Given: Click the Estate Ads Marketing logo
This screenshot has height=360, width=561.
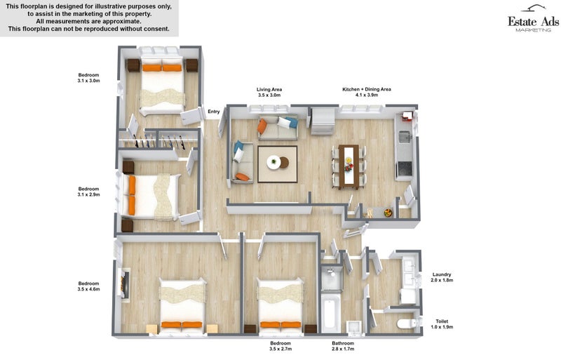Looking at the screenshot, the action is [533, 19].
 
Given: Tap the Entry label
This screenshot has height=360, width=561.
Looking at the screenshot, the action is [214, 112].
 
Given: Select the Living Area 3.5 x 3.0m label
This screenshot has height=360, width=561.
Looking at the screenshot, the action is [269, 93].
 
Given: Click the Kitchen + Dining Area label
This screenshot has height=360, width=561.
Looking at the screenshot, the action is [366, 89].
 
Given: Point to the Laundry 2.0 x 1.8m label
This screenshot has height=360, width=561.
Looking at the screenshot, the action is [442, 277].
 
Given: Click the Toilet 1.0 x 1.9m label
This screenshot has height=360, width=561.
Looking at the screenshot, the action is [442, 324].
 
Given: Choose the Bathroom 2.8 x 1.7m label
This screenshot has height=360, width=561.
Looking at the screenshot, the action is [343, 346].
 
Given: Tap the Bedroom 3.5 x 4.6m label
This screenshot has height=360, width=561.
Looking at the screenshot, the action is [88, 286].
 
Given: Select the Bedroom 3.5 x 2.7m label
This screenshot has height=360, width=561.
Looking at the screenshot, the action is [280, 346].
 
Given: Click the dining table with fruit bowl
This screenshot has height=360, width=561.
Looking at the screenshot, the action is [349, 166].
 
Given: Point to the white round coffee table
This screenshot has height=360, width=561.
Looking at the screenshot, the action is [273, 162].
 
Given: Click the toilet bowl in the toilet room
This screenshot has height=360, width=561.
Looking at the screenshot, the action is [406, 324].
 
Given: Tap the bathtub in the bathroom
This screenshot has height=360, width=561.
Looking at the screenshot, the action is [329, 313].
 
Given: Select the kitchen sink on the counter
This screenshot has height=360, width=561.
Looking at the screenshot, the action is [405, 136].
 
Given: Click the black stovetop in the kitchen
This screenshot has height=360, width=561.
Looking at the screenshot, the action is [405, 168].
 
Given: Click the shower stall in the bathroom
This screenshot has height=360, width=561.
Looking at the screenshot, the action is [332, 278].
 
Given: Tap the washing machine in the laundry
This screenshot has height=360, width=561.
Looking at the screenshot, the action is [407, 297].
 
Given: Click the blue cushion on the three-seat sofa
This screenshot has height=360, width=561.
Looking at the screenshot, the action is [292, 122].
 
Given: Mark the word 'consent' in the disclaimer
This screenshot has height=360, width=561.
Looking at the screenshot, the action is [156, 29].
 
